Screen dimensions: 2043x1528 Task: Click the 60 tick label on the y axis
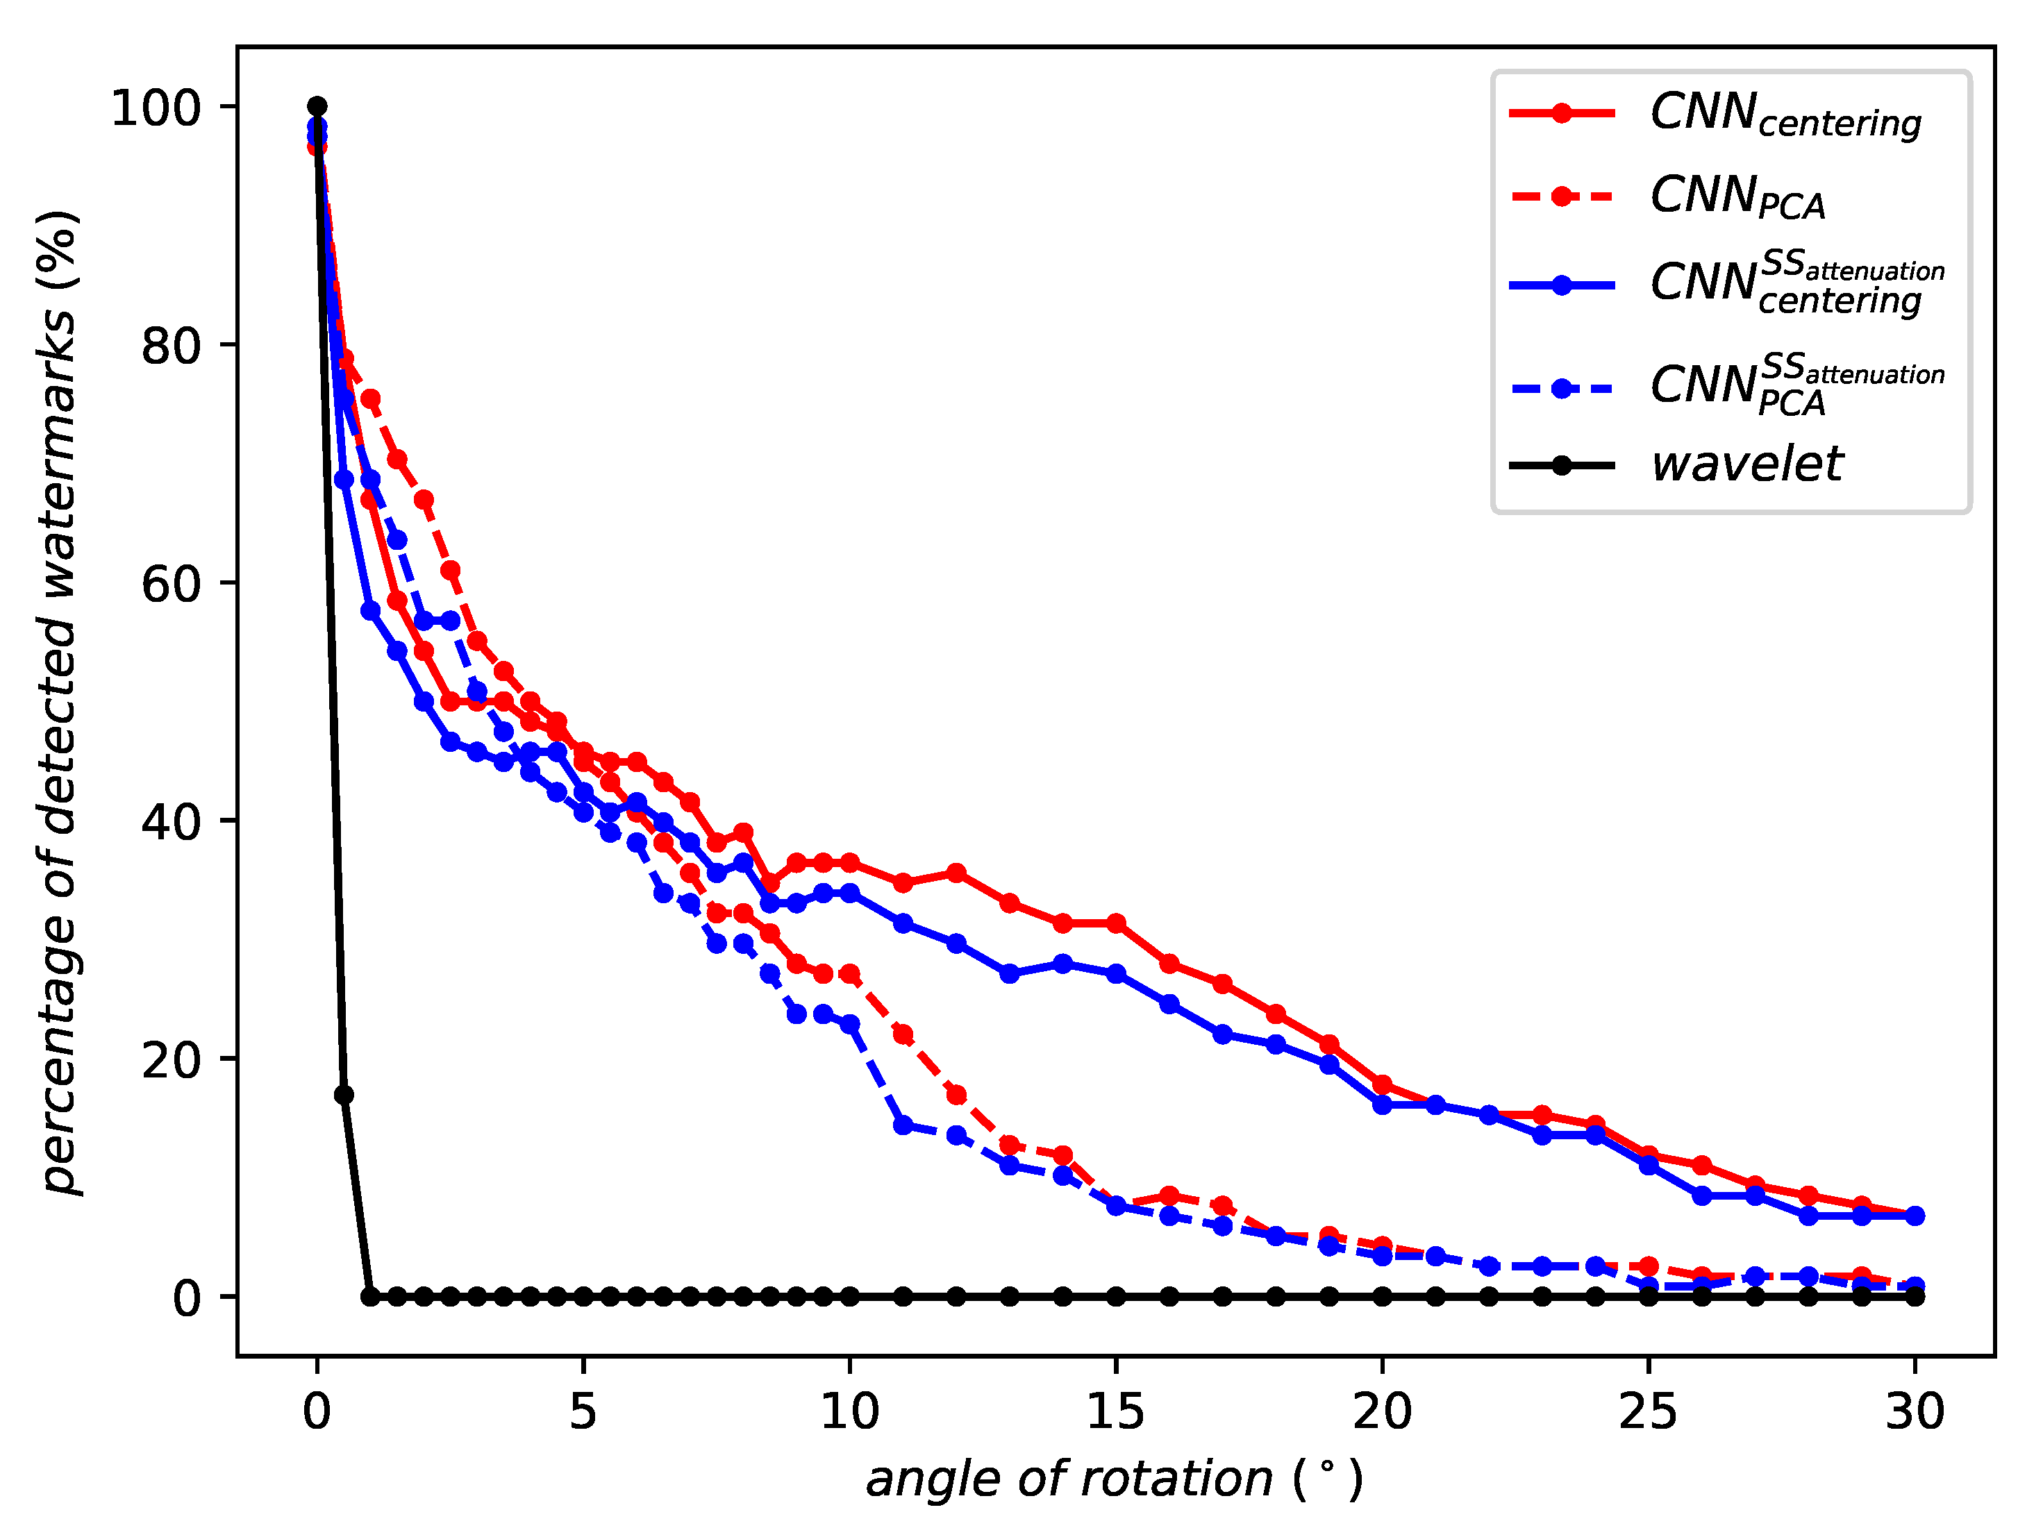point(172,584)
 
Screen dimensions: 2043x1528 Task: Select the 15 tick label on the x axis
point(1116,1411)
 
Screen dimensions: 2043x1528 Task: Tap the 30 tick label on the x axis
point(1915,1411)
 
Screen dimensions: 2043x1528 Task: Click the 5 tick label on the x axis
point(583,1411)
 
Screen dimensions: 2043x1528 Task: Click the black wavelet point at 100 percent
point(317,106)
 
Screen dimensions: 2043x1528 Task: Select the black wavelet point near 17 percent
point(344,1095)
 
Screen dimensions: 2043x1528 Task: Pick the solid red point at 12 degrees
point(957,873)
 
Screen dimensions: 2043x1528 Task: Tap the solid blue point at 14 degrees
point(1063,963)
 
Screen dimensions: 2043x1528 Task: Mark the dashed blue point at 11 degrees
point(903,1125)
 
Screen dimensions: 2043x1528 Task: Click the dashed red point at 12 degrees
point(957,1095)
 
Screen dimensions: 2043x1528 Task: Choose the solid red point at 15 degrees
point(1116,923)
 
